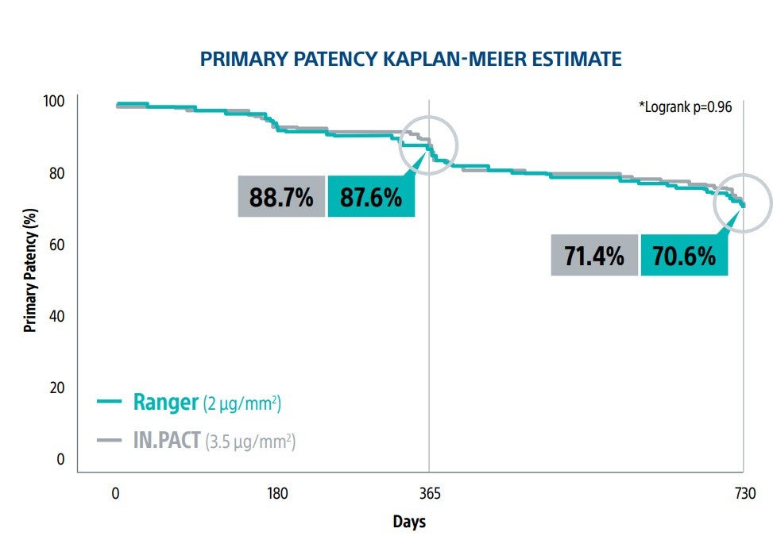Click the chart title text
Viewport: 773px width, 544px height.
[410, 59]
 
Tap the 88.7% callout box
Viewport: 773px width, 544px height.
[281, 197]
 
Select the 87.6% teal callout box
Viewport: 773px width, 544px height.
[371, 197]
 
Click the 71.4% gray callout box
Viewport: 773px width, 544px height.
[594, 256]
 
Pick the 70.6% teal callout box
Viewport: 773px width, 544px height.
[684, 256]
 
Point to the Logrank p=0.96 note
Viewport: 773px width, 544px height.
[686, 106]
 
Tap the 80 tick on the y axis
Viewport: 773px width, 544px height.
[57, 173]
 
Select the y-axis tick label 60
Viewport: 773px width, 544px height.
[57, 245]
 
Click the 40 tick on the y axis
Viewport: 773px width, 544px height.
[57, 316]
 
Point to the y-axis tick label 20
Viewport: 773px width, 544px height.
[57, 388]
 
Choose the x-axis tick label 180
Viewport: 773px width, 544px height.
[277, 492]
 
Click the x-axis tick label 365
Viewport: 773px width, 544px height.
[429, 492]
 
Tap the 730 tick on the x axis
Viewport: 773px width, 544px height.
[743, 492]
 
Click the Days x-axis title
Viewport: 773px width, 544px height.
[409, 522]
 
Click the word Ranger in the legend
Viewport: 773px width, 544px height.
[165, 403]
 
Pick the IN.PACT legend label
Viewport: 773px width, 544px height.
[168, 440]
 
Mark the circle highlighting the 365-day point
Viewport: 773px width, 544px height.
[428, 145]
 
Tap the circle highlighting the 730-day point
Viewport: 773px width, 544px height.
[742, 203]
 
